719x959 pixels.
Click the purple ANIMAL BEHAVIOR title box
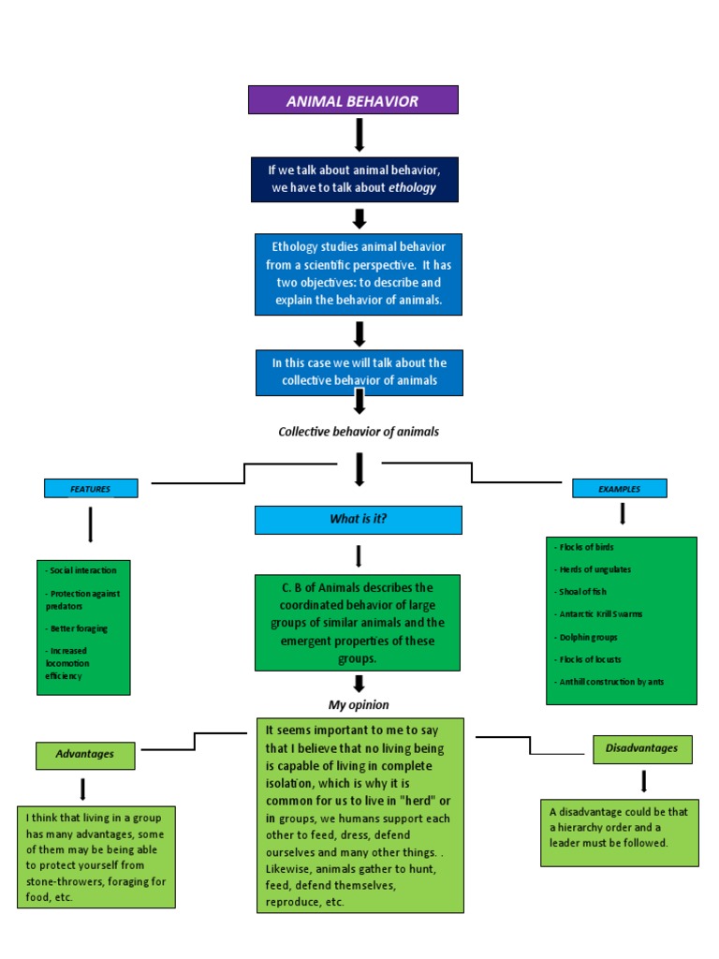point(352,100)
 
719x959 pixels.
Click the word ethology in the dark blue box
point(412,187)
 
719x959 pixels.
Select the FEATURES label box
point(91,489)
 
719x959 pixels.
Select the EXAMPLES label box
point(619,489)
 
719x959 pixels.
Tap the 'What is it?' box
point(358,520)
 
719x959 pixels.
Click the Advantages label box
point(85,754)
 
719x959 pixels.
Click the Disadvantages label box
point(642,748)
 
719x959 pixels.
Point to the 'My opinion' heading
point(358,704)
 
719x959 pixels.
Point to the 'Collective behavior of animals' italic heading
point(358,432)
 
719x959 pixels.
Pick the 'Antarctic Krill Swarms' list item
point(599,614)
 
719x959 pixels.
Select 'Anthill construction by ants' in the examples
point(609,682)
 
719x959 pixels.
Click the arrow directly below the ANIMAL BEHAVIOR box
point(359,135)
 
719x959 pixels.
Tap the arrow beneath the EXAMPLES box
point(623,513)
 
